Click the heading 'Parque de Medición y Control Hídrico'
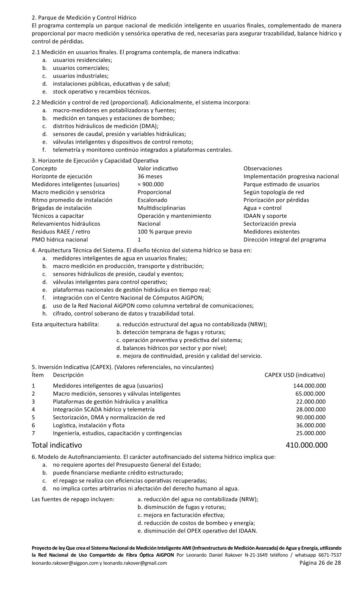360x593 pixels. (x=87, y=17)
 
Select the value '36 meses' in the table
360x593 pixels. (x=150, y=176)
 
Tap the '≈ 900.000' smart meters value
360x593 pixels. (x=150, y=184)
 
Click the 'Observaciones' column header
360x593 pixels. (x=263, y=169)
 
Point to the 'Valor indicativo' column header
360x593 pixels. (x=158, y=169)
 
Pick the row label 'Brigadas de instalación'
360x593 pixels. (x=61, y=208)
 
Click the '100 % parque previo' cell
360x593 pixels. (x=164, y=232)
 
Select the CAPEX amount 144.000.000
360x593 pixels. (x=309, y=386)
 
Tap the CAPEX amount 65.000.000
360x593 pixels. (x=311, y=393)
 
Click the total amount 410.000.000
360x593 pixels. (x=307, y=445)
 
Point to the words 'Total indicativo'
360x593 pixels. (x=57, y=445)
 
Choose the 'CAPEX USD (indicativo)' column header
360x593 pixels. (x=295, y=375)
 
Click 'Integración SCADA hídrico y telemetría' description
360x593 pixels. (x=103, y=410)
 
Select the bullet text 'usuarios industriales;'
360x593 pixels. (x=80, y=76)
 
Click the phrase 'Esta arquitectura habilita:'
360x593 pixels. (x=66, y=324)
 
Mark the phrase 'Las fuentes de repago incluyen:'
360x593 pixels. (x=73, y=499)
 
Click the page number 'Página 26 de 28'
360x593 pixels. (x=320, y=563)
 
